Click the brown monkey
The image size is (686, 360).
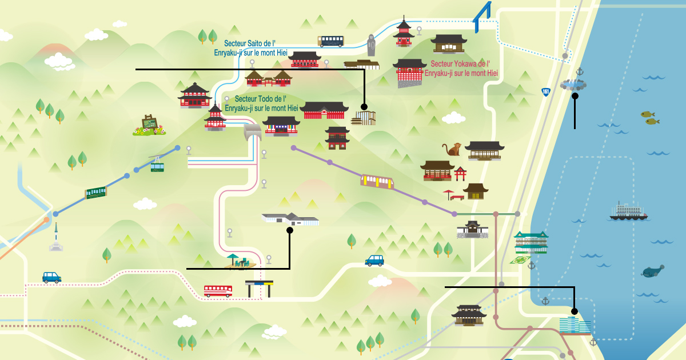(x=452, y=149)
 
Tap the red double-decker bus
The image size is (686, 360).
(x=218, y=291)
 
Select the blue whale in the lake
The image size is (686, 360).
(x=652, y=271)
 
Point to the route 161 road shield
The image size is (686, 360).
(x=546, y=92)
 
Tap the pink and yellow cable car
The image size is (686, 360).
(x=377, y=181)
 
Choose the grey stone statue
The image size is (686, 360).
(x=371, y=45)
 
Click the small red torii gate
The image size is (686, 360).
(x=460, y=174)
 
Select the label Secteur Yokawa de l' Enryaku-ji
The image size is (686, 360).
(x=461, y=68)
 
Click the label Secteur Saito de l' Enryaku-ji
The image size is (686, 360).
(x=250, y=48)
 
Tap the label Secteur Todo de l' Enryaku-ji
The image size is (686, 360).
(x=261, y=103)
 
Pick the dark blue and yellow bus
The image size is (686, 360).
(x=331, y=41)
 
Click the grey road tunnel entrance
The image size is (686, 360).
(x=253, y=132)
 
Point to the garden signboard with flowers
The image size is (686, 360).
(x=149, y=125)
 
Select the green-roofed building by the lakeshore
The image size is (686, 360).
(x=531, y=242)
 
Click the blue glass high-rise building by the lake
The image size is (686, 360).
(x=575, y=325)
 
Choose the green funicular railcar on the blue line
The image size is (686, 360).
(x=96, y=193)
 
